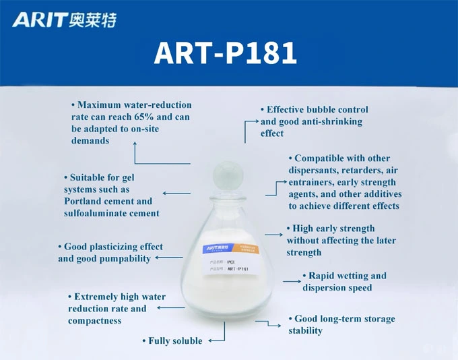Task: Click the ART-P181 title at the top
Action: coord(225,53)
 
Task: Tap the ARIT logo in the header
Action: coord(39,20)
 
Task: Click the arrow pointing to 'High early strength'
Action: coord(273,234)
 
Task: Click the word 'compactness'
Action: coord(95,321)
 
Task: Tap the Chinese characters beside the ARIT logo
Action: coord(93,20)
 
